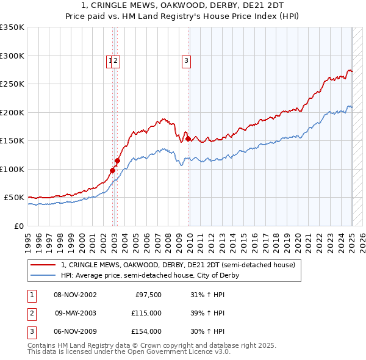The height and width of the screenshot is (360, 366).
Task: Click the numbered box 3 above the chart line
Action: coord(185,60)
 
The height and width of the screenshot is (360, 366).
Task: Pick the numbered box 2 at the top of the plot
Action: coord(115,60)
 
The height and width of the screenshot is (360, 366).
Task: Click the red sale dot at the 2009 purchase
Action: coord(188,139)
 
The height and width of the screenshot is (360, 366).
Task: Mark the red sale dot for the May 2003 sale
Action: coord(117,160)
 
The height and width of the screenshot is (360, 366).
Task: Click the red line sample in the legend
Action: coord(43,265)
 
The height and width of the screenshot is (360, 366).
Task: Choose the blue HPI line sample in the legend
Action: coord(43,275)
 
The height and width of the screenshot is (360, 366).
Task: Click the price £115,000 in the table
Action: coord(146,314)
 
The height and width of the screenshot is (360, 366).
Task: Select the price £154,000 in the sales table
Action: coord(146,331)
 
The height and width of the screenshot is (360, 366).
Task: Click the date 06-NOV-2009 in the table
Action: coord(76,331)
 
